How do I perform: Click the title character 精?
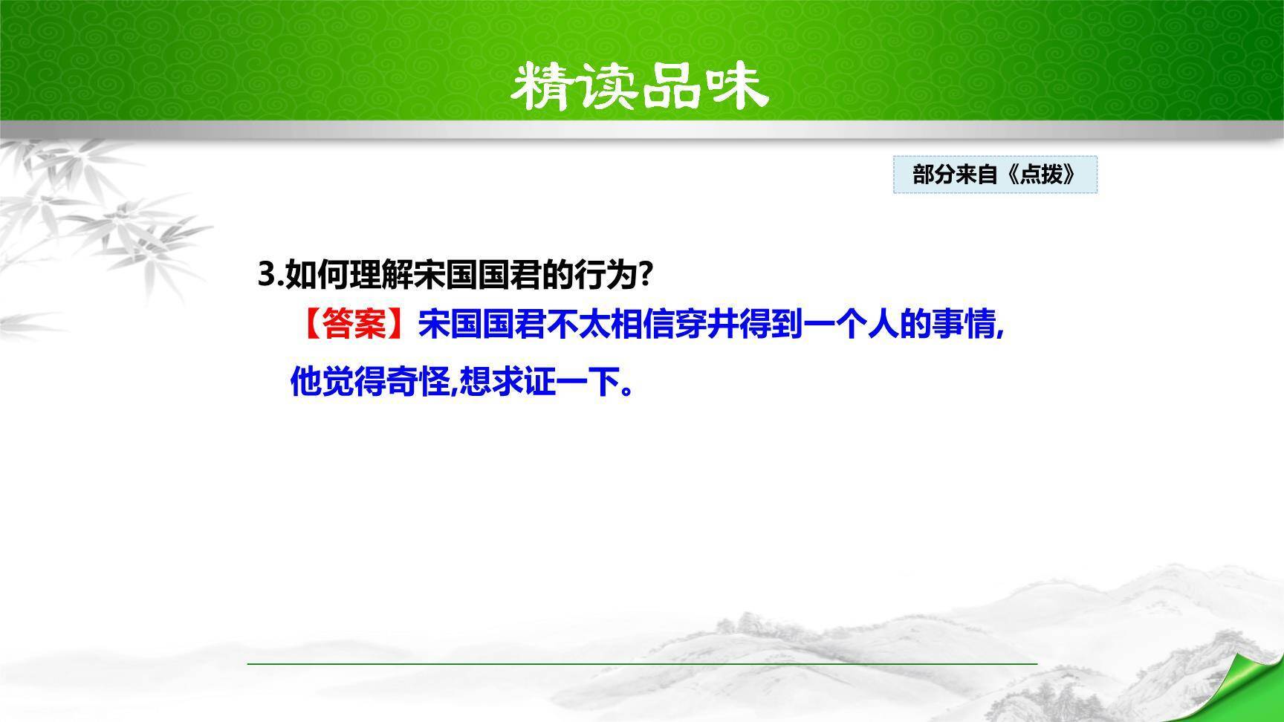[x=544, y=87]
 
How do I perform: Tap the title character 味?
[x=733, y=87]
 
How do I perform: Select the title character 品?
[x=670, y=87]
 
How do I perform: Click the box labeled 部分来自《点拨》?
[x=995, y=175]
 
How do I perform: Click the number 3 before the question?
[x=265, y=275]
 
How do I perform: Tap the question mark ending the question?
[x=646, y=275]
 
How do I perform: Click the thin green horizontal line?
[x=642, y=663]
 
